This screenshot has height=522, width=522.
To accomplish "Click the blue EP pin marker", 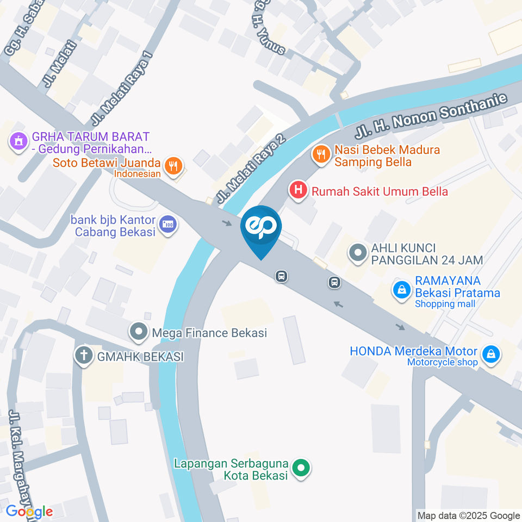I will tap(261, 228).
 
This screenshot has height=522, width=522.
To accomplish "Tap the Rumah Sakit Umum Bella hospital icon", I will tap(298, 190).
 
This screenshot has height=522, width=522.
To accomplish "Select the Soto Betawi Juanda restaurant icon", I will tap(173, 165).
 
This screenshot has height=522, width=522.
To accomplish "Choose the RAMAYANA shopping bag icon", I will tap(401, 290).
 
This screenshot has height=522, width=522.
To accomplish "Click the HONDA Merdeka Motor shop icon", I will tap(492, 355).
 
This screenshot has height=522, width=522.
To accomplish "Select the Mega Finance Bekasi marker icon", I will tap(138, 331).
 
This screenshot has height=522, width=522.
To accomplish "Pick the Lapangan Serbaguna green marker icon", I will tap(300, 468).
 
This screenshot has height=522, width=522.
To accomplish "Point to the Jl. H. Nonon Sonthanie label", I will tap(431, 115).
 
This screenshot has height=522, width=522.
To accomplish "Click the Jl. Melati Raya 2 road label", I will tap(251, 168).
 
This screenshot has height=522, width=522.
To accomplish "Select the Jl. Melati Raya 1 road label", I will tap(121, 87).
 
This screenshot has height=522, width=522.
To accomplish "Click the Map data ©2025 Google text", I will tap(468, 515).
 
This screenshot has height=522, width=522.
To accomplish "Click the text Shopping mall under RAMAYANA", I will tap(445, 304).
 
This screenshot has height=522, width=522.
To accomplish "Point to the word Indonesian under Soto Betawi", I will tap(137, 174).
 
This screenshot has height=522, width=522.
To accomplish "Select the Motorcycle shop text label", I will tap(442, 363).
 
